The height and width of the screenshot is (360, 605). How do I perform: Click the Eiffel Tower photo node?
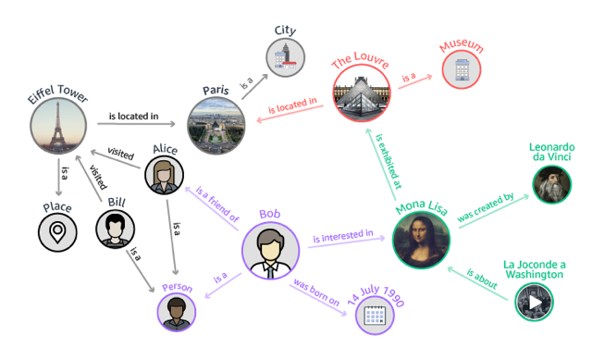click(57, 124)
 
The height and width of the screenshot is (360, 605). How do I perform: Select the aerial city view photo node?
click(215, 125)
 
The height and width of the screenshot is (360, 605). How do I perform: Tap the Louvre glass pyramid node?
click(360, 92)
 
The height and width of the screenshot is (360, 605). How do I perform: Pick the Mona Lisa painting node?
click(420, 239)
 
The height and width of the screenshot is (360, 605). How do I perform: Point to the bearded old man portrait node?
click(552, 184)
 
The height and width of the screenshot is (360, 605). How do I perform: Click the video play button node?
click(534, 302)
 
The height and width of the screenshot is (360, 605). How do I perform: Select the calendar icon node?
click(375, 315)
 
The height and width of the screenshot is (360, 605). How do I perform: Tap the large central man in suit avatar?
click(270, 250)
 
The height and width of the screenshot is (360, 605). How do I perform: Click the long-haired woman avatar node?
click(164, 174)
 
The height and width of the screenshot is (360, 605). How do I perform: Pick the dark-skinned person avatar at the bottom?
click(175, 312)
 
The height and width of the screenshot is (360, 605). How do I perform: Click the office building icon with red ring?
click(462, 69)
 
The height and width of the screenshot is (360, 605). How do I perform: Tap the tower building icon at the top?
click(284, 56)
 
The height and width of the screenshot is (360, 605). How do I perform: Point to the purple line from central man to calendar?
click(324, 283)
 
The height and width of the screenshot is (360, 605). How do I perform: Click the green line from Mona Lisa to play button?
click(481, 273)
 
